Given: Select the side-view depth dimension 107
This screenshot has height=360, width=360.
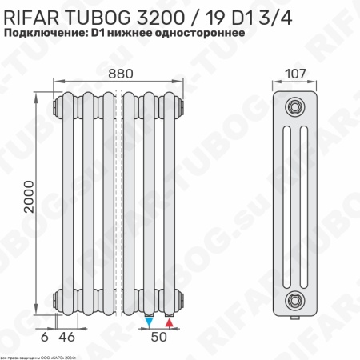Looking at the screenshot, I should pos(294,74).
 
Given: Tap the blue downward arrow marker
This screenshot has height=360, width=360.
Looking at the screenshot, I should pos(150,323).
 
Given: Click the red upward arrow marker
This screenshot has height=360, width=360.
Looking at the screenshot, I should pos(169,323).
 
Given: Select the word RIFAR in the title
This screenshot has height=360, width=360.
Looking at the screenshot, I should pos(35,14).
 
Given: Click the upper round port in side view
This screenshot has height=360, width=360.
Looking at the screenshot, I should pos(296,106).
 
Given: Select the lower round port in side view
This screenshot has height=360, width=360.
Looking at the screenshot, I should pos(296,300).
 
